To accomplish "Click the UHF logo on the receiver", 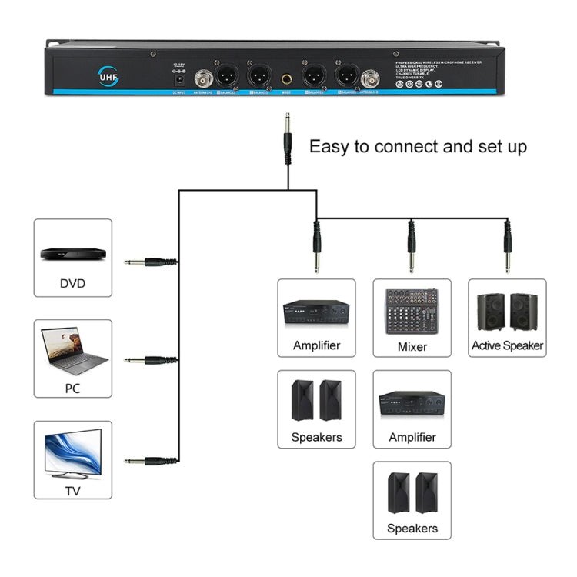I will [105, 75].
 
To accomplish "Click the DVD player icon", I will [72, 253].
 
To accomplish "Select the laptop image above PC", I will [72, 350].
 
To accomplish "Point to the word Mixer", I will [412, 346].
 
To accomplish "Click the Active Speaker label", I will [507, 346].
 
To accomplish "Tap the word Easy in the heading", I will [329, 146].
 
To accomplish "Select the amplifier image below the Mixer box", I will [412, 402].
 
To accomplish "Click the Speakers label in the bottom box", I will [412, 528].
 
